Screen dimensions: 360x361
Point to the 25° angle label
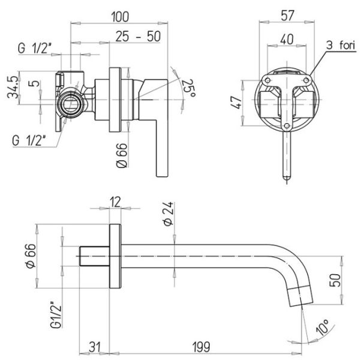pyautogui.click(x=188, y=89)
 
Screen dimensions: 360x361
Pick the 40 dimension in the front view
pyautogui.click(x=288, y=38)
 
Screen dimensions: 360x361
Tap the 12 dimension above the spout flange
pyautogui.click(x=116, y=202)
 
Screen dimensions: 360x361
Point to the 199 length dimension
pyautogui.click(x=206, y=346)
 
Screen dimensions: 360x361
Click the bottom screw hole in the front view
pyautogui.click(x=288, y=126)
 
